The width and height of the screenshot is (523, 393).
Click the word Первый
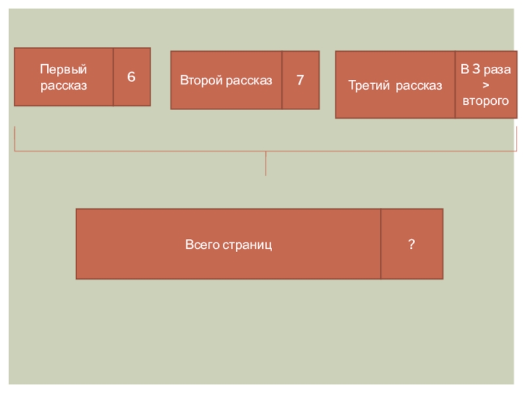[63, 69]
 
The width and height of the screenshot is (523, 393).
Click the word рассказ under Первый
[63, 85]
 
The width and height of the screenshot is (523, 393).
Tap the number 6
[131, 77]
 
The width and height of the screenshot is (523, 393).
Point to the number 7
[300, 81]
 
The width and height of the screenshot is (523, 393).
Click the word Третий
[369, 86]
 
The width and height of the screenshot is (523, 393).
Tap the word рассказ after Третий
[419, 86]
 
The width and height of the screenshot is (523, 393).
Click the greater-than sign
[485, 85]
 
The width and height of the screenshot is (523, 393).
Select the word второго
[485, 101]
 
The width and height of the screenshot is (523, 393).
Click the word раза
[498, 69]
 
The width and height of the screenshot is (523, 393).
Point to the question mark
[411, 244]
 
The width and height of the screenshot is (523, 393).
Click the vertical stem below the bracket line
[265, 164]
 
